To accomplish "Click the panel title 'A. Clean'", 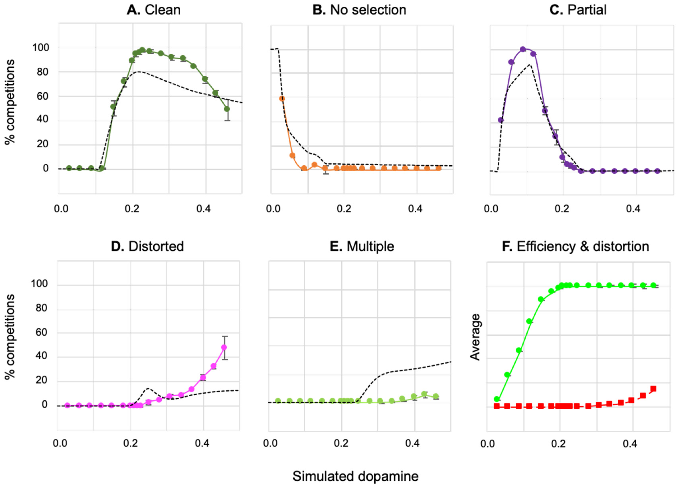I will coord(154,10).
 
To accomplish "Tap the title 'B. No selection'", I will coord(359,10).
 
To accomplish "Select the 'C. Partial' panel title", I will coord(578,10).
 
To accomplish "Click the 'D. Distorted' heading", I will coord(147,246).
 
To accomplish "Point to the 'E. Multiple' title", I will coord(362,246).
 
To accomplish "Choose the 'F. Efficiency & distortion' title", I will coord(575,246).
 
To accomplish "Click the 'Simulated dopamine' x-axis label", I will coord(355,476).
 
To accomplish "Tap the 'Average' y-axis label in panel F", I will coord(475,337).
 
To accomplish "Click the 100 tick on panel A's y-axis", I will coord(41,48).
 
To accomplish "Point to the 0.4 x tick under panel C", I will coord(633,209).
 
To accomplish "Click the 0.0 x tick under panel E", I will coord(270,443).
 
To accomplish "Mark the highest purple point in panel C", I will coord(523,49).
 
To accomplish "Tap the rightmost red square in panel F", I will coord(653,389).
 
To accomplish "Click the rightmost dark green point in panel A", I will coord(227,109).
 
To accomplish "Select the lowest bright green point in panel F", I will coord(497,399).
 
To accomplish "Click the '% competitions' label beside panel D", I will coord(10,337).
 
